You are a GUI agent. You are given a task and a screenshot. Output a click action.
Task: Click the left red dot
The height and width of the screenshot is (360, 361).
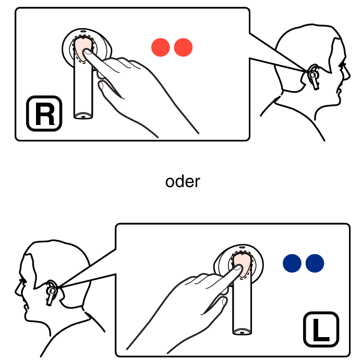[161, 47]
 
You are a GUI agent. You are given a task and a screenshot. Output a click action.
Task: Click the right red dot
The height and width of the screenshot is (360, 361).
[183, 47]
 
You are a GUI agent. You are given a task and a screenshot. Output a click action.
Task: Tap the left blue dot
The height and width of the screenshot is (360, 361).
[292, 263]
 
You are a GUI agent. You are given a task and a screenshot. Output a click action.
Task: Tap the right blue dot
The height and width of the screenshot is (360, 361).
[315, 263]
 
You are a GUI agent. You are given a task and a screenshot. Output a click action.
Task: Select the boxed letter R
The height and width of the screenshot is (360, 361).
[44, 114]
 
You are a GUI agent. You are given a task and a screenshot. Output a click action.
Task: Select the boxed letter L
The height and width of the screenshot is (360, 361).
[321, 329]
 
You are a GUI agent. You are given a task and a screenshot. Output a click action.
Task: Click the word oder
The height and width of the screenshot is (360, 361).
[183, 182]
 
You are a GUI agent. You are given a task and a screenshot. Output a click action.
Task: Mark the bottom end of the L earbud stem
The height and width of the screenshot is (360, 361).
[242, 332]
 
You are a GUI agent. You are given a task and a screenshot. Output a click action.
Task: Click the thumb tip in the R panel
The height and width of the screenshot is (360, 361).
[101, 85]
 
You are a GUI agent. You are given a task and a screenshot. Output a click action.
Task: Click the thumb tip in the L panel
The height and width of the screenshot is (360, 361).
[224, 301]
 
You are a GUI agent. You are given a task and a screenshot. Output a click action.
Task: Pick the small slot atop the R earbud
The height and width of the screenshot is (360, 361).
[83, 31]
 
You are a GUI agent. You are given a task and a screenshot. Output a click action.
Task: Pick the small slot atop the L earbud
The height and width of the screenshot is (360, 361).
[242, 247]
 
